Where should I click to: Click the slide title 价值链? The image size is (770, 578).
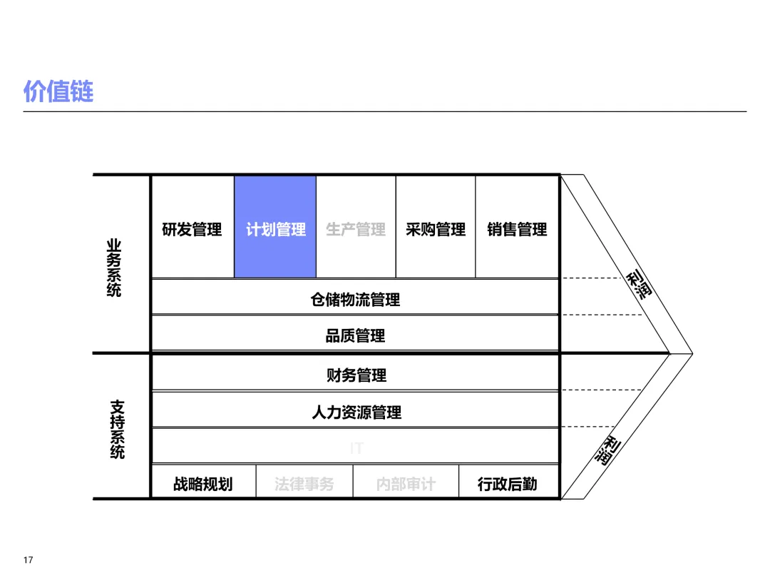(58, 91)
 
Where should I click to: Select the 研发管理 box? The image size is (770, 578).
(192, 229)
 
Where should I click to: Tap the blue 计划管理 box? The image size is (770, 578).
(275, 229)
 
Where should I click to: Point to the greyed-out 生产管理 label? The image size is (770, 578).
(356, 229)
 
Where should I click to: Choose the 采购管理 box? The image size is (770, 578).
(436, 229)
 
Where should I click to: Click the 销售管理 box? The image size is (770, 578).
(517, 229)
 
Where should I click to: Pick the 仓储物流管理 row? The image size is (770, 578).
(355, 300)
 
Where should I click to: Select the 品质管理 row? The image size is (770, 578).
(355, 335)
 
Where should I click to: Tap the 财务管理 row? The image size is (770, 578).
(356, 375)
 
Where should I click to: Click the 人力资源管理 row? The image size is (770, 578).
(356, 412)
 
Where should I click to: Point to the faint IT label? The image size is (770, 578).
(356, 448)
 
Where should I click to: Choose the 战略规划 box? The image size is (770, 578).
(202, 484)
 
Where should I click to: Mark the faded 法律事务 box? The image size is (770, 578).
(304, 484)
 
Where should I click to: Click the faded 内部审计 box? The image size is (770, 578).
(406, 484)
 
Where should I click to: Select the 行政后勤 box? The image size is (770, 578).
(507, 484)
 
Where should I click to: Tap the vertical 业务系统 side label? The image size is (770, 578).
(114, 268)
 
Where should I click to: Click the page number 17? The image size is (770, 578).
(29, 559)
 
